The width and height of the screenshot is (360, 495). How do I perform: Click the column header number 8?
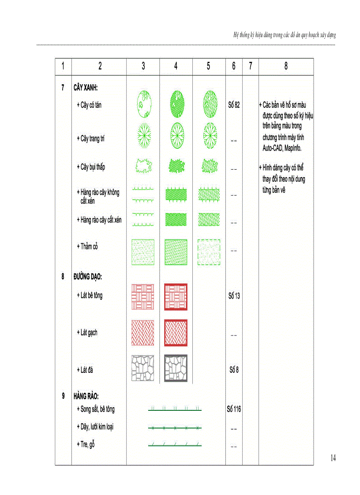[286, 66]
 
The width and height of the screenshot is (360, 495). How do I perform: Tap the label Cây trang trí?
[91, 138]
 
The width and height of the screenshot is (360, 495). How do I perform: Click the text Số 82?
[234, 105]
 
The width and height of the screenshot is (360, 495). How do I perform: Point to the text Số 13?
[234, 296]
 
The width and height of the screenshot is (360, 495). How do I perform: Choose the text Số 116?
[234, 409]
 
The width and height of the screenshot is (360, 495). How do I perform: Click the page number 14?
[333, 458]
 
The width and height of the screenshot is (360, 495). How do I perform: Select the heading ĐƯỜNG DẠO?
[88, 277]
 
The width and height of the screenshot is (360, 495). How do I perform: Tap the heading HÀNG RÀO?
[86, 396]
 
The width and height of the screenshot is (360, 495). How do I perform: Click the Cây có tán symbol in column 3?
[143, 104]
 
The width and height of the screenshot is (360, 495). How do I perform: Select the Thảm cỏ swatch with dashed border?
[209, 252]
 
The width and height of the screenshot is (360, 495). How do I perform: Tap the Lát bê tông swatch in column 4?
[176, 296]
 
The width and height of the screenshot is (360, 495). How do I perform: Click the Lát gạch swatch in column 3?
[143, 333]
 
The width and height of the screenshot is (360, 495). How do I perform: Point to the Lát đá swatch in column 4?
[176, 368]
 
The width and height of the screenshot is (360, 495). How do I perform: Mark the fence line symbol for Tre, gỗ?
[175, 445]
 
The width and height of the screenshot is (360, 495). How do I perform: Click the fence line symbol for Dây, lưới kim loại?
[175, 428]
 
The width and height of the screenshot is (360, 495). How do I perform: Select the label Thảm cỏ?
[87, 246]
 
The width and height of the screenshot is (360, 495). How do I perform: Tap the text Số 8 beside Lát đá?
[234, 369]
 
